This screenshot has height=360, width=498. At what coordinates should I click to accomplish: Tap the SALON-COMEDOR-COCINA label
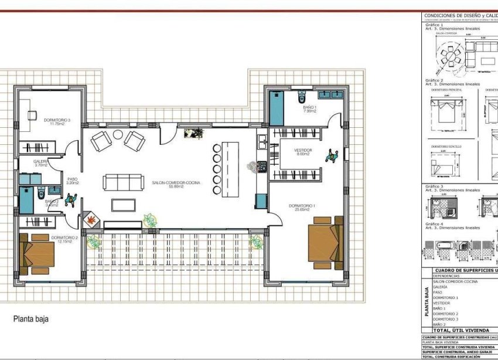[176, 183]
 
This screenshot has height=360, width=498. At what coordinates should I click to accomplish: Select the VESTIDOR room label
[303, 151]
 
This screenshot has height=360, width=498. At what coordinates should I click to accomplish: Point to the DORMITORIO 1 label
[302, 206]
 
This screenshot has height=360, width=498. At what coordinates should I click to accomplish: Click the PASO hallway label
[72, 179]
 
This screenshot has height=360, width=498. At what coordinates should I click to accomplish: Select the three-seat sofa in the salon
[123, 182]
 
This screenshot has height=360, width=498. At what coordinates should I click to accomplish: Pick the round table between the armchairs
[118, 135]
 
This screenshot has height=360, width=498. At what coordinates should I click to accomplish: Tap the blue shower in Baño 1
[277, 108]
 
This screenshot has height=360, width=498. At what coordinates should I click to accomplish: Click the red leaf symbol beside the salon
[91, 220]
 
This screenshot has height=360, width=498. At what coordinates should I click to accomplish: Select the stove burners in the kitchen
[261, 166]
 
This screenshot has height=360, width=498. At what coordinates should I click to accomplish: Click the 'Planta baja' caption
[31, 320]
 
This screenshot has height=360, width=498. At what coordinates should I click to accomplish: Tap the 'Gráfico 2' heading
[434, 80]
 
